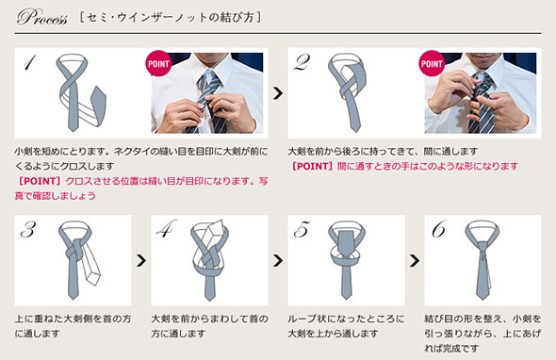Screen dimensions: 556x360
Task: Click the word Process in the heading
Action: pyautogui.click(x=41, y=17)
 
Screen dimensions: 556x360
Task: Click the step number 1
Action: pyautogui.click(x=29, y=62)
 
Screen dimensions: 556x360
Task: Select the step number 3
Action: pyautogui.click(x=28, y=229)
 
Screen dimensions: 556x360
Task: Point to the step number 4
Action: pyautogui.click(x=166, y=228)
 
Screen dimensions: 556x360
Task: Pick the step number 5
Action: pyautogui.click(x=302, y=229)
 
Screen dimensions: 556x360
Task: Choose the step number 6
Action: pyautogui.click(x=438, y=229)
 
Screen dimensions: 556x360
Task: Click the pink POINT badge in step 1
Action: pyautogui.click(x=158, y=63)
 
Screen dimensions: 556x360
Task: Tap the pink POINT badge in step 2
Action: pyautogui.click(x=432, y=63)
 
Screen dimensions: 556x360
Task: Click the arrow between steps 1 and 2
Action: pyautogui.click(x=278, y=93)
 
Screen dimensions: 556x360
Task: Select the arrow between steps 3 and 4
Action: pyautogui.click(x=141, y=261)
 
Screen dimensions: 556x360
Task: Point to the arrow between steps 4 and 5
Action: pyautogui.click(x=278, y=261)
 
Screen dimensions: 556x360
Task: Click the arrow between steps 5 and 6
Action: pyautogui.click(x=415, y=261)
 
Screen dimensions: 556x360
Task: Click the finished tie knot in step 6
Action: pyautogui.click(x=482, y=246)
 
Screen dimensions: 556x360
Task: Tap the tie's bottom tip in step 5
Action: pyautogui.click(x=346, y=298)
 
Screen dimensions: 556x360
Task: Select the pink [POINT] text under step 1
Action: pyautogui.click(x=39, y=181)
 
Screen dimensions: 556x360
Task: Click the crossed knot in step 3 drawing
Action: pyautogui.click(x=74, y=251)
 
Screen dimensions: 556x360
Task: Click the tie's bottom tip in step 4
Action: pyautogui.click(x=209, y=299)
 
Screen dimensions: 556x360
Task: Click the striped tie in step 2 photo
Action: pyautogui.click(x=481, y=103)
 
